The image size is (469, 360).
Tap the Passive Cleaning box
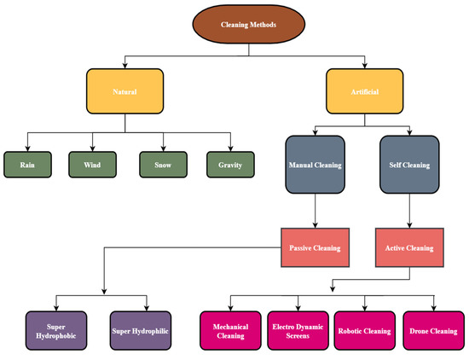tap(310, 247)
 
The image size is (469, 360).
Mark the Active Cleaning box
tap(409, 247)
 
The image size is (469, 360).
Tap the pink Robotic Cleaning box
tap(364, 329)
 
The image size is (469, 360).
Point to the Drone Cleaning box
tap(433, 329)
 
